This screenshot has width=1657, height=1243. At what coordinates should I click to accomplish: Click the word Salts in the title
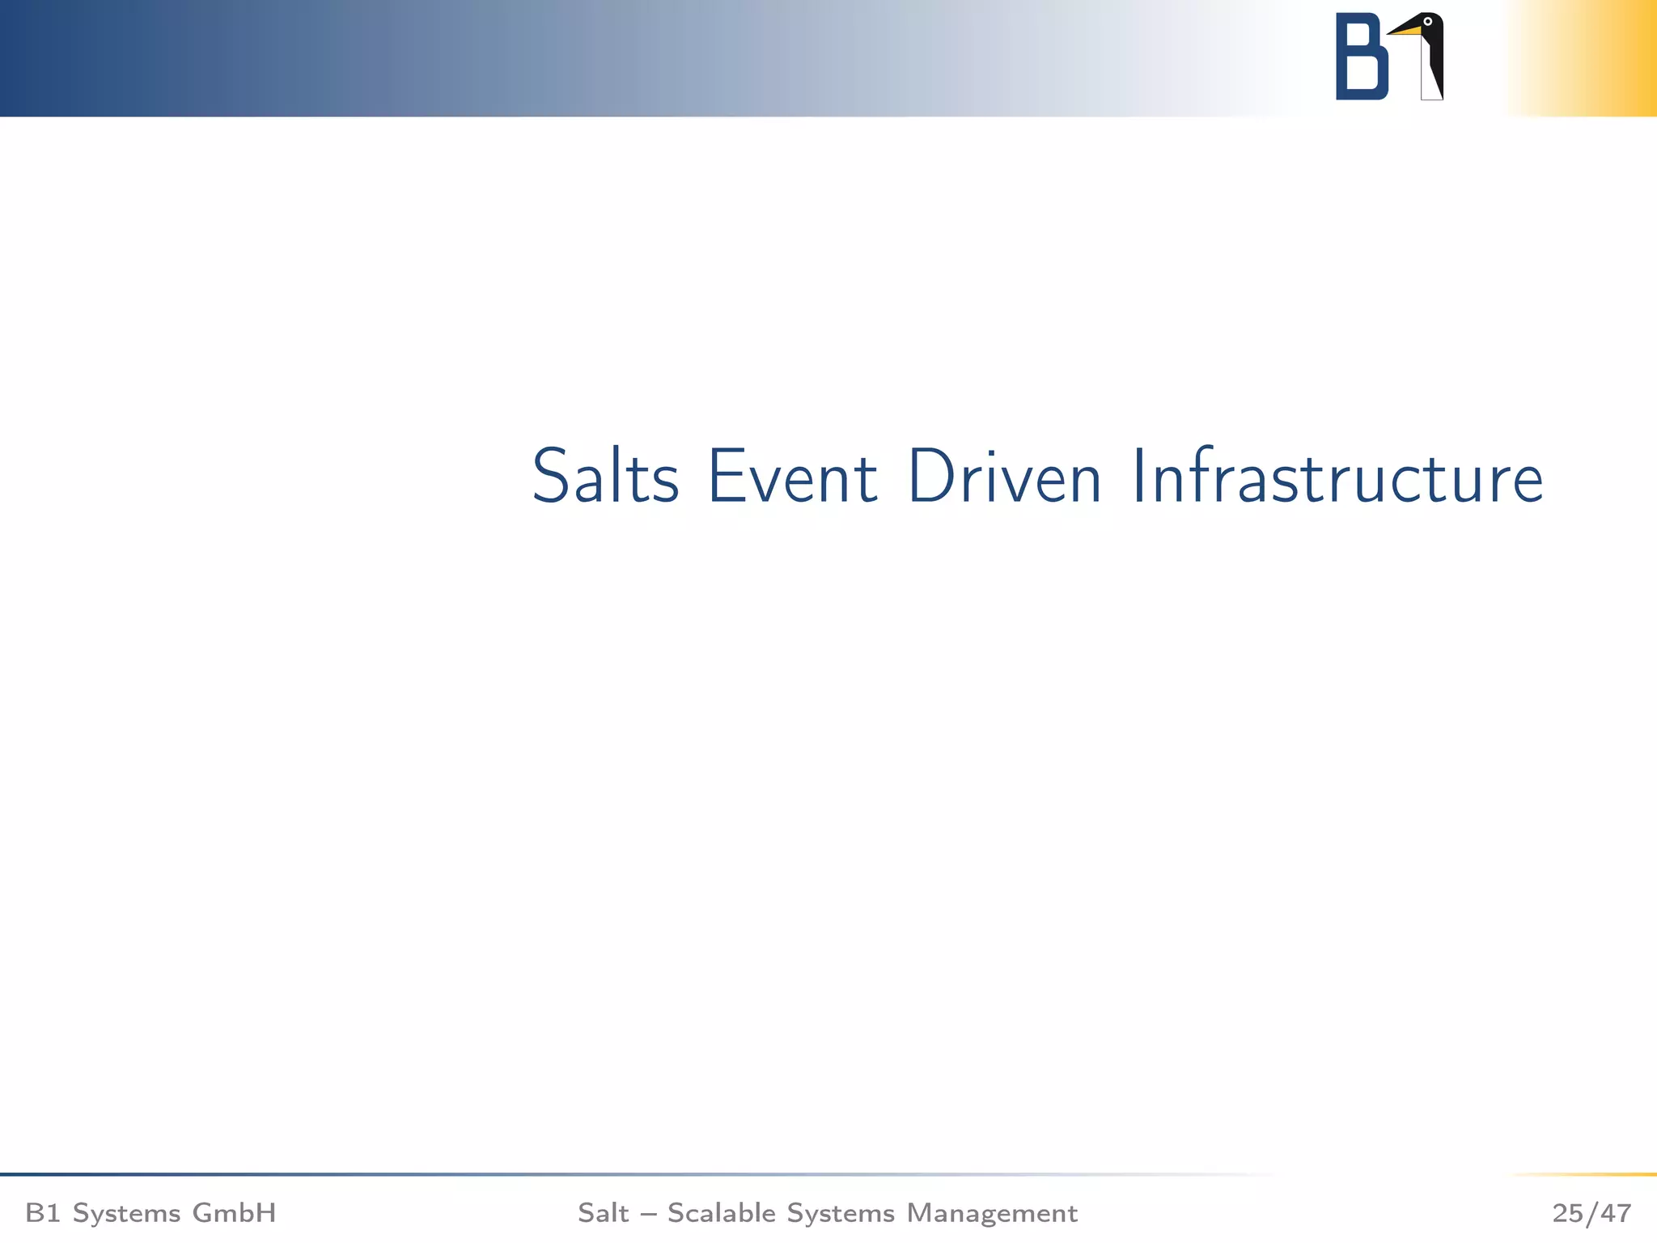pyautogui.click(x=605, y=477)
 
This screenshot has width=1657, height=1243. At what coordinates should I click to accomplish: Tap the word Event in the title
pyautogui.click(x=792, y=477)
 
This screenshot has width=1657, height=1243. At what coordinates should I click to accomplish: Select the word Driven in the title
pyautogui.click(x=1004, y=477)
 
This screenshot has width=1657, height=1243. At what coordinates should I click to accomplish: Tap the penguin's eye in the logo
pyautogui.click(x=1428, y=22)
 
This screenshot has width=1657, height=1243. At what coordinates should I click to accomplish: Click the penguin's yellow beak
pyautogui.click(x=1406, y=31)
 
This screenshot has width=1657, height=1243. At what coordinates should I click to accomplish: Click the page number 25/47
pyautogui.click(x=1591, y=1213)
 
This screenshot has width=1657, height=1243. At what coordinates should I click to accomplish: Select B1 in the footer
pyautogui.click(x=43, y=1213)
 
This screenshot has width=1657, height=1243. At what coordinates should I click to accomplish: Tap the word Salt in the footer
pyautogui.click(x=603, y=1213)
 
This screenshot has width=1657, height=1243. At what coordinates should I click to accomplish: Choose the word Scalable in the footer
pyautogui.click(x=722, y=1213)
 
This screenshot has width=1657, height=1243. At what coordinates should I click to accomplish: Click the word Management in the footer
pyautogui.click(x=992, y=1213)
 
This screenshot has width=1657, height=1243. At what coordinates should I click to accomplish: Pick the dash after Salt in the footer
pyautogui.click(x=648, y=1214)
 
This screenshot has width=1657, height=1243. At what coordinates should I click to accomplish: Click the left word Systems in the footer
pyautogui.click(x=127, y=1213)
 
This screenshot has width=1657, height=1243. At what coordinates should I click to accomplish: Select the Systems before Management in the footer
pyautogui.click(x=841, y=1213)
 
